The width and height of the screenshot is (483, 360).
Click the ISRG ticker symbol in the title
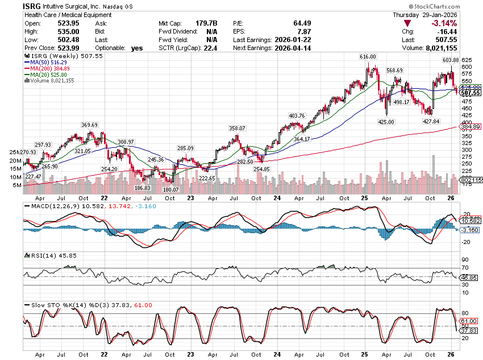tap(31, 5)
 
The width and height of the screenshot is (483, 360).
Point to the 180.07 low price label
tap(170, 189)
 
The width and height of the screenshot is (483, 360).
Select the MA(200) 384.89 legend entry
tap(52, 68)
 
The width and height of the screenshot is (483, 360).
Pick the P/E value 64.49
tap(300, 23)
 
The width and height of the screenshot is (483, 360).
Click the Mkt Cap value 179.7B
tap(208, 23)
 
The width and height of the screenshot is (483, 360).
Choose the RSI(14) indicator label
tap(39, 256)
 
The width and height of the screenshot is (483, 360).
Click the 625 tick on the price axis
tap(466, 60)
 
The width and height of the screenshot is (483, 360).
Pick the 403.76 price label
tap(297, 115)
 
